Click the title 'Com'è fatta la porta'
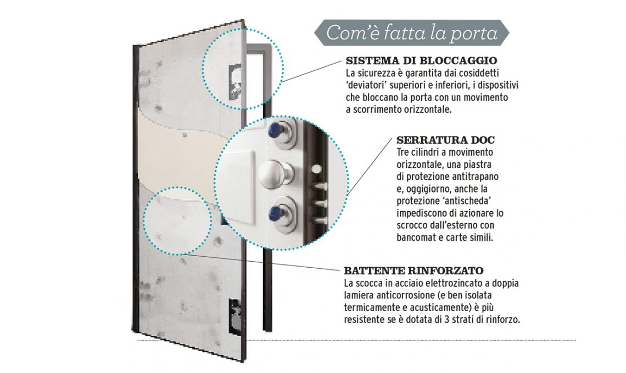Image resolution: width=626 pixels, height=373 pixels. pyautogui.click(x=412, y=33)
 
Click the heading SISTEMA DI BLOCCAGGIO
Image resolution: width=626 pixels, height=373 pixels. pyautogui.click(x=421, y=61)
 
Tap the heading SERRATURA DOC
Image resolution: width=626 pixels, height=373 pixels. pyautogui.click(x=445, y=140)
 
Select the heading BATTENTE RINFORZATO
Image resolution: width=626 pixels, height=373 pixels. pyautogui.click(x=413, y=271)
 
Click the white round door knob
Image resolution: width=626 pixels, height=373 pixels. pyautogui.click(x=273, y=173)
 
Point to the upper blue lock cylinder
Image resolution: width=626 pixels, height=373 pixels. pyautogui.click(x=280, y=131)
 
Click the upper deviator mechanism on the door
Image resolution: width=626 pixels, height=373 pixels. pyautogui.click(x=235, y=81)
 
